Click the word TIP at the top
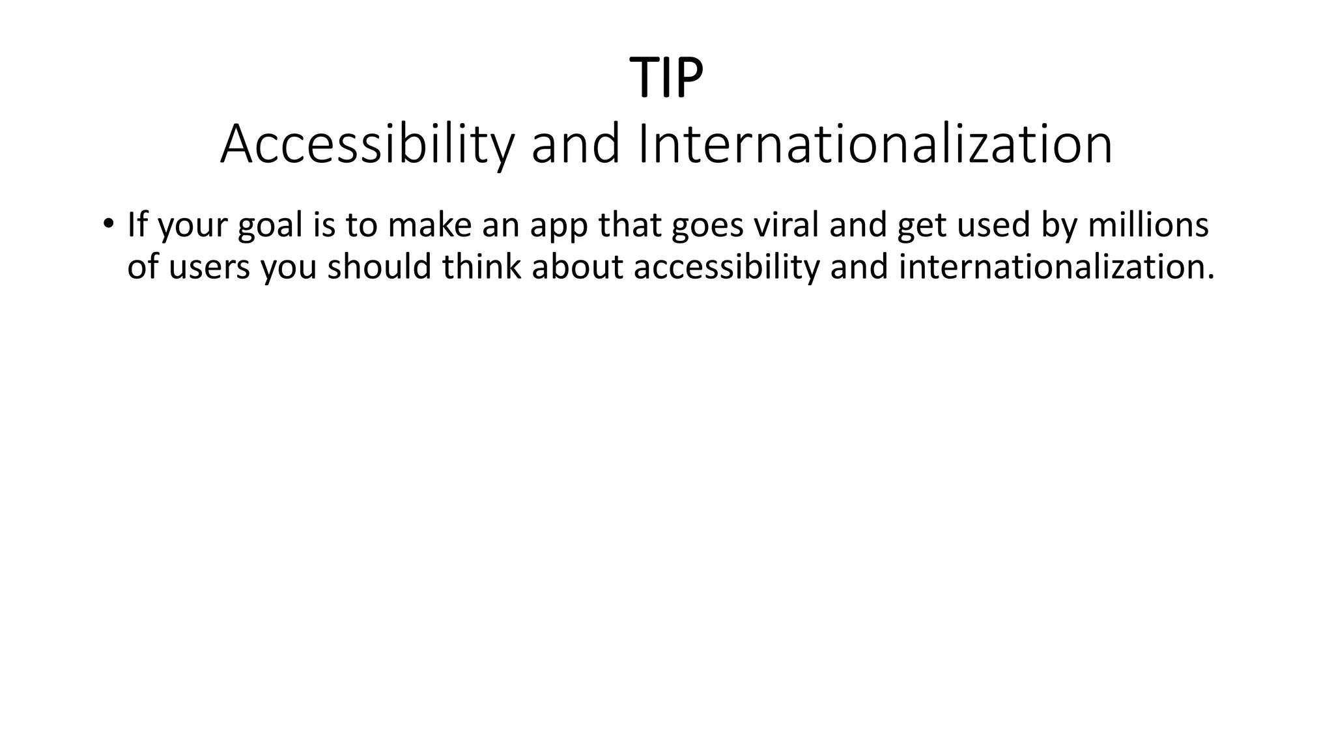pos(666,78)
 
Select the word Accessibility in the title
pos(367,145)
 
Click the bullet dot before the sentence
pos(107,223)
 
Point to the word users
pos(209,267)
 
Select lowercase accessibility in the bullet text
pos(726,267)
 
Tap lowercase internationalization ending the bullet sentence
pos(1056,266)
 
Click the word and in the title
pos(576,145)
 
